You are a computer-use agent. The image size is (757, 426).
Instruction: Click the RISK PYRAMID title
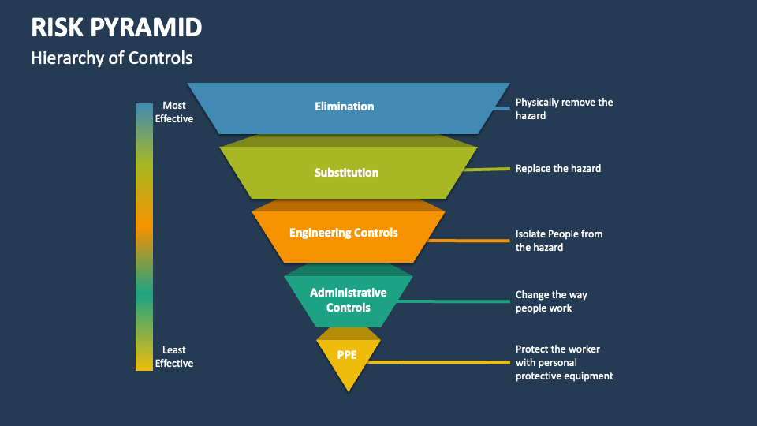117,28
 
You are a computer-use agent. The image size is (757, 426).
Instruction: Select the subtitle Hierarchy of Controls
111,58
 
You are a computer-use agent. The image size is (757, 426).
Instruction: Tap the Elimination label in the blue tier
344,106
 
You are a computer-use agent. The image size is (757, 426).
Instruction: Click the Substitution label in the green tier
346,173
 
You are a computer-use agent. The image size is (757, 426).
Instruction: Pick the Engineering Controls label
344,233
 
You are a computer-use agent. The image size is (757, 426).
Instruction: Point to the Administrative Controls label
348,300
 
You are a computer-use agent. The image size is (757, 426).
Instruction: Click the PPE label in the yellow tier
347,355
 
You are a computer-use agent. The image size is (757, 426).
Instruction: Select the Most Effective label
174,112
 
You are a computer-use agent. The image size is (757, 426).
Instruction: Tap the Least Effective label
174,357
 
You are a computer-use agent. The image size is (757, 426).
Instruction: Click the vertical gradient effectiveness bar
144,237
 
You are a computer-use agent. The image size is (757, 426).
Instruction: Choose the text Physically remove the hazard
564,109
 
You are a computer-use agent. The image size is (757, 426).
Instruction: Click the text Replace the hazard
558,168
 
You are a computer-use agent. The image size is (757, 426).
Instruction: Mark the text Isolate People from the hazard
559,241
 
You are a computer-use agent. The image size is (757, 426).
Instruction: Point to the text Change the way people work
551,301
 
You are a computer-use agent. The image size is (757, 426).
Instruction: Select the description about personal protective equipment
564,362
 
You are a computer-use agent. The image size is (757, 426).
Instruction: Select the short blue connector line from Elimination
502,108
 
